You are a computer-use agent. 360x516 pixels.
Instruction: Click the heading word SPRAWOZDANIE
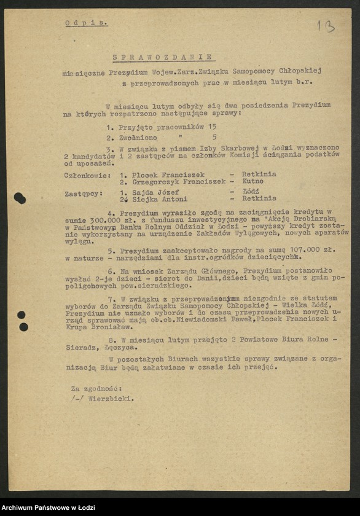pyautogui.click(x=163, y=57)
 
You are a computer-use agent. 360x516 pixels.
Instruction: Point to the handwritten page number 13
pyautogui.click(x=326, y=26)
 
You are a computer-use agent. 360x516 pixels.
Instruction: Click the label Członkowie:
pyautogui.click(x=87, y=174)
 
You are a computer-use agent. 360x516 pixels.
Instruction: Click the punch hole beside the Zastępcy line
pyautogui.click(x=20, y=198)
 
